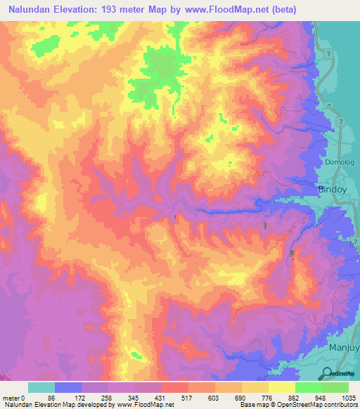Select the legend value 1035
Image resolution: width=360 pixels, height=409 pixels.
(348, 398)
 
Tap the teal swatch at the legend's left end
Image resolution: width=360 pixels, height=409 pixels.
(41, 387)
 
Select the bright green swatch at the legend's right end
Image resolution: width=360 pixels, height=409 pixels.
(335, 387)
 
